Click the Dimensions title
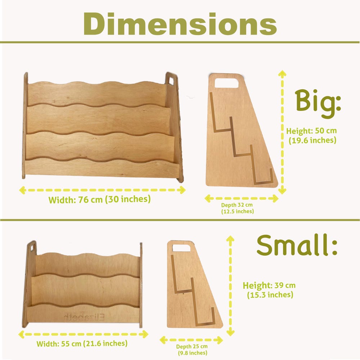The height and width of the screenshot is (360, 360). [180, 24]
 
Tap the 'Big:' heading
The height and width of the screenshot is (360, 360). [318, 104]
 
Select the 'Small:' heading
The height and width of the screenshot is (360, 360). [297, 245]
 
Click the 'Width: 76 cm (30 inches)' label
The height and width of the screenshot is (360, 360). [100, 199]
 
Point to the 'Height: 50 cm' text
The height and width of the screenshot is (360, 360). [311, 131]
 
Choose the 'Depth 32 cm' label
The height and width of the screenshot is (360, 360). [237, 205]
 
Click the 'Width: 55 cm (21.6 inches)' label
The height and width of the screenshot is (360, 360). [82, 343]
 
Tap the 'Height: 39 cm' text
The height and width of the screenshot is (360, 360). [269, 285]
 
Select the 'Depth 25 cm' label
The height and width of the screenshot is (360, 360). [192, 346]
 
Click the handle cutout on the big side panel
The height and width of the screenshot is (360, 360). [226, 83]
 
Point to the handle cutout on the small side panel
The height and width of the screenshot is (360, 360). [181, 248]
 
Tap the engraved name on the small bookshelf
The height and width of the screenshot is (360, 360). [84, 318]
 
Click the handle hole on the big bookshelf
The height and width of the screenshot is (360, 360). [171, 81]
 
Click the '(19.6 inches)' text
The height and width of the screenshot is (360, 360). [312, 140]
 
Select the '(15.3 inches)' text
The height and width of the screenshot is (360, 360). [270, 294]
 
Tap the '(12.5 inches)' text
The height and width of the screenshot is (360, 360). [238, 211]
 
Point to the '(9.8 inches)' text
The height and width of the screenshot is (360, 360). [193, 353]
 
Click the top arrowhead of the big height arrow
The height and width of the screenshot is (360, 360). [282, 73]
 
